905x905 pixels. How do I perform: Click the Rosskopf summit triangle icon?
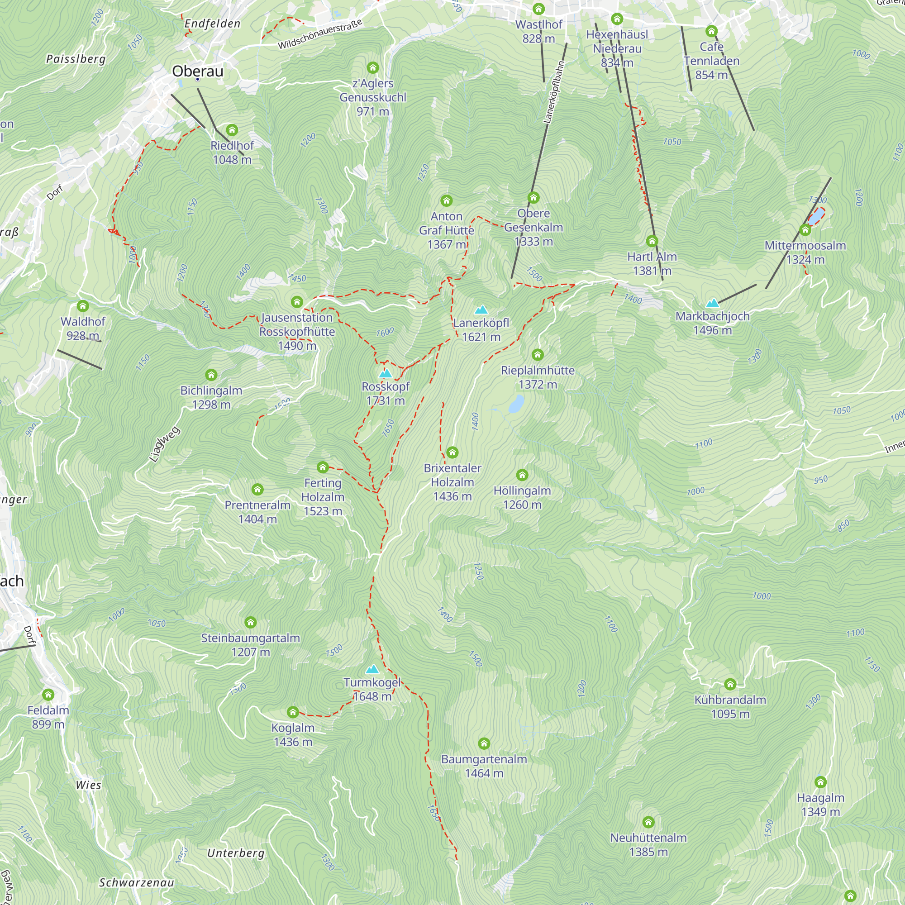(x=385, y=374)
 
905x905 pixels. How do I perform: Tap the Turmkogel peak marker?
(x=372, y=669)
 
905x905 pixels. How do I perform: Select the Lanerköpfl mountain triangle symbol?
(x=481, y=310)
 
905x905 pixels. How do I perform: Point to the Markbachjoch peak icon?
(x=713, y=303)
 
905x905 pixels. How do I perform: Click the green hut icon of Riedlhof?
(x=232, y=130)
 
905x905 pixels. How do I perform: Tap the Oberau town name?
(x=198, y=71)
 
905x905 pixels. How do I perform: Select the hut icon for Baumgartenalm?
(x=484, y=743)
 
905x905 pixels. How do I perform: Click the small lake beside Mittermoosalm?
(x=816, y=216)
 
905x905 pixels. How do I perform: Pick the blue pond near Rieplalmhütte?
(x=516, y=404)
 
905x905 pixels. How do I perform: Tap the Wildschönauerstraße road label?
(x=320, y=34)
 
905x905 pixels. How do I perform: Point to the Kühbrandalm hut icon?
(x=730, y=684)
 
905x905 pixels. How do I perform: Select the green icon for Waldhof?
(x=83, y=306)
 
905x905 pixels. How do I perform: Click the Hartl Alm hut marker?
(x=652, y=241)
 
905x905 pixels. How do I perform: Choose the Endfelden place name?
(x=212, y=24)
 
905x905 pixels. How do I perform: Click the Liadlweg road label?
(x=164, y=444)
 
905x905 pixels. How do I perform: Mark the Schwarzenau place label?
(x=136, y=882)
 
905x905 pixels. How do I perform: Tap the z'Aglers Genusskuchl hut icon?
(x=373, y=68)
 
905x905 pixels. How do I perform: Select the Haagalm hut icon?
(x=820, y=782)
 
